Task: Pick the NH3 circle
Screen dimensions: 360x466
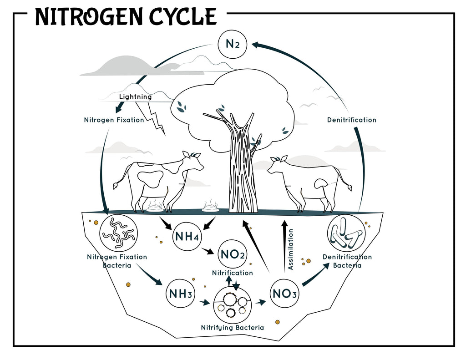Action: coord(180,294)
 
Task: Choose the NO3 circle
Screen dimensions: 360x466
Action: coord(285,294)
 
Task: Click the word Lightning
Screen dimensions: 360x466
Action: coord(135,97)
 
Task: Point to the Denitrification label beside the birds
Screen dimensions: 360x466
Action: coord(352,120)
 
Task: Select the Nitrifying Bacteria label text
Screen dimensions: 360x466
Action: coord(232,327)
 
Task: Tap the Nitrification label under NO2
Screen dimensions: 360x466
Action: coord(232,273)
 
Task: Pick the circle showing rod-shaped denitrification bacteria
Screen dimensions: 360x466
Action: coord(346,233)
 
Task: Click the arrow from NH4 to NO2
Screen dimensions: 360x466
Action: coord(210,250)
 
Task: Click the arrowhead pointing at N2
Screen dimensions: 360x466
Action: coord(255,45)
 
